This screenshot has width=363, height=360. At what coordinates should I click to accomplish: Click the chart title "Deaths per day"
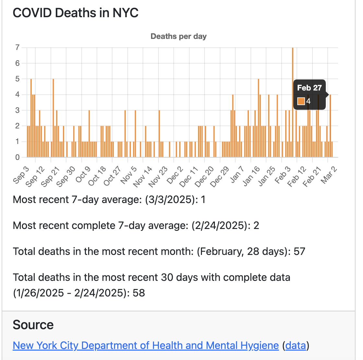click(179, 36)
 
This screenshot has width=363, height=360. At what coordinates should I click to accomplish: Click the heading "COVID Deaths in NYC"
click(76, 13)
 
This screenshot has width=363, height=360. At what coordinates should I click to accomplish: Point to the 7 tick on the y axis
click(17, 48)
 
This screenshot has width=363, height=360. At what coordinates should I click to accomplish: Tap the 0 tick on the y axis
click(17, 157)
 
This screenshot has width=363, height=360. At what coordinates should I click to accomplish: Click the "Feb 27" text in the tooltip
click(309, 88)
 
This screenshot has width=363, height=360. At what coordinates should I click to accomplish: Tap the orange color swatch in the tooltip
click(301, 101)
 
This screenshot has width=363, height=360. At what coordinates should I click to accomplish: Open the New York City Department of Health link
click(146, 345)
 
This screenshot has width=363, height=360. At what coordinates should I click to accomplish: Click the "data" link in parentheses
click(296, 345)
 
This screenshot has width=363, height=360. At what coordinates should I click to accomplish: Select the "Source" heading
click(33, 325)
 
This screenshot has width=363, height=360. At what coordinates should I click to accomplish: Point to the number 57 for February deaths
click(299, 251)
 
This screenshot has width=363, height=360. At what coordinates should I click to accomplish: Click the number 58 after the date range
click(139, 293)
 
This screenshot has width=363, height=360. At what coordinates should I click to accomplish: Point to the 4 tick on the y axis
click(17, 95)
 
